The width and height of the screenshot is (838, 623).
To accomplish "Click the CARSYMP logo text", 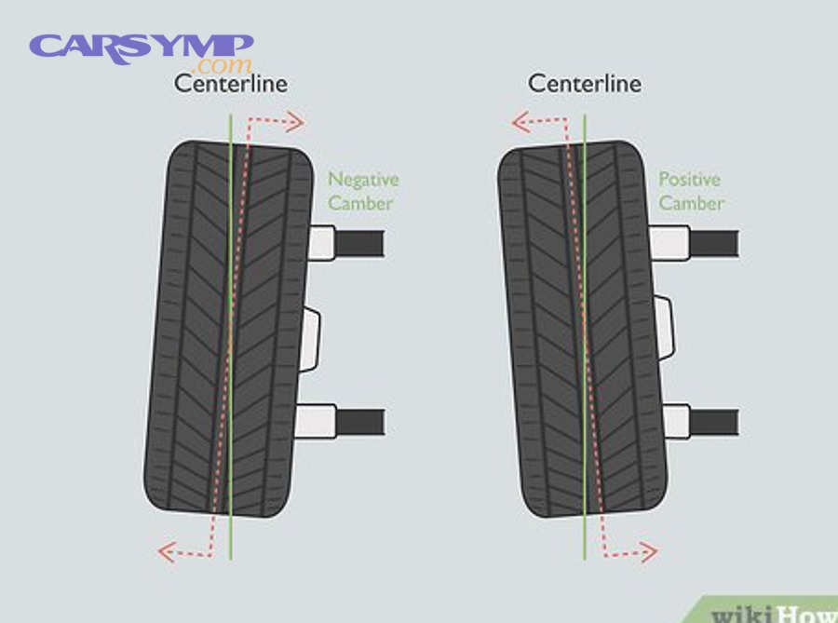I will (142, 47).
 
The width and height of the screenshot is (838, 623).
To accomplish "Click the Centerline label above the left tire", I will (231, 84).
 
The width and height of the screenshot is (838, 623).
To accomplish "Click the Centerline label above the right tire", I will (585, 84).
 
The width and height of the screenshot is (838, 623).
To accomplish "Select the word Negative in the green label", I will (363, 179).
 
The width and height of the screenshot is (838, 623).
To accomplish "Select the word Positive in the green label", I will (690, 179).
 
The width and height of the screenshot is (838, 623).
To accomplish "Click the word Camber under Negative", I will (360, 203).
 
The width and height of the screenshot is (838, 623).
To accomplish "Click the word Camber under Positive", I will (692, 203).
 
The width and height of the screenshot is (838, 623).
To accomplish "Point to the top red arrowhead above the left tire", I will (297, 121).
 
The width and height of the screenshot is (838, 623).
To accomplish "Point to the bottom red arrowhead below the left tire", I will (165, 552).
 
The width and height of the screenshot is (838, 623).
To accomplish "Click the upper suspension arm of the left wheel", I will (359, 242).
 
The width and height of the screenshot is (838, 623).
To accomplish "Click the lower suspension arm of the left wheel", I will (359, 421).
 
